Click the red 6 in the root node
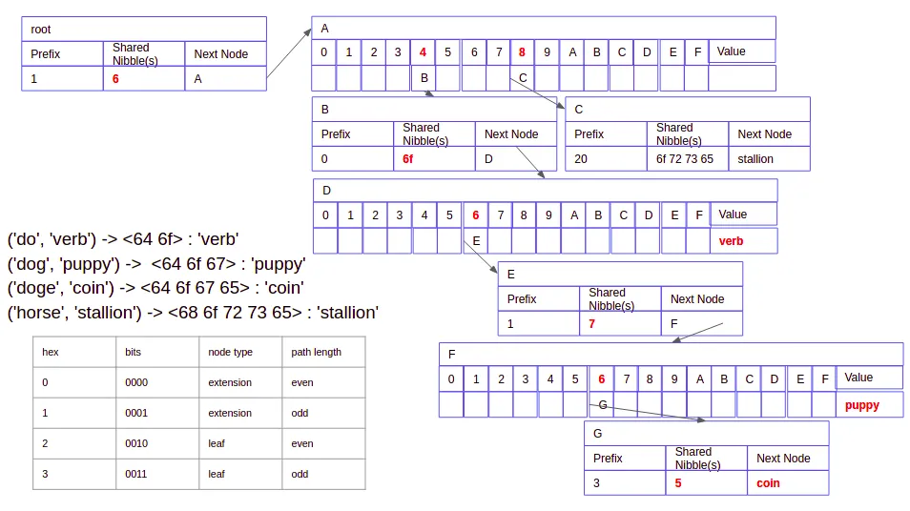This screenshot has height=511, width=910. point(115,79)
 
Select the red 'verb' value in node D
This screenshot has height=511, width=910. point(731,241)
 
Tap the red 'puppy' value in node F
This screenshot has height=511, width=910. point(862,405)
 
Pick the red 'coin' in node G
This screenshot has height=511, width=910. point(768,483)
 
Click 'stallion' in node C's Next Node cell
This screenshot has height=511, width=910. point(755,159)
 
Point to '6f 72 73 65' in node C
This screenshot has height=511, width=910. point(685,159)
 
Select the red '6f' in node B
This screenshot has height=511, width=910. point(407,159)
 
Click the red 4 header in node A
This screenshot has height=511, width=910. point(423,52)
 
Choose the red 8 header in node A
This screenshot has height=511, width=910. point(522,52)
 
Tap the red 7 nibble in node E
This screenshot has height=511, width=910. point(592,323)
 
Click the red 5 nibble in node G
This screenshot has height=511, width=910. point(678,483)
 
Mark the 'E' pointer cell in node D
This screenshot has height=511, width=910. point(476,240)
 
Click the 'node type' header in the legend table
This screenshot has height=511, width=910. point(231,352)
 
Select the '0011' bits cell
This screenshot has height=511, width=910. point(135,474)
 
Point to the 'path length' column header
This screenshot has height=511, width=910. point(317,352)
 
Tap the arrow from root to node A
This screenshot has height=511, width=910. point(289,52)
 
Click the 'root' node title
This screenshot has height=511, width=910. point(41,30)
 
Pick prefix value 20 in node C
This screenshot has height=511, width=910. point(580,159)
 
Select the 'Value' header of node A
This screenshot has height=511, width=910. point(732,51)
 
